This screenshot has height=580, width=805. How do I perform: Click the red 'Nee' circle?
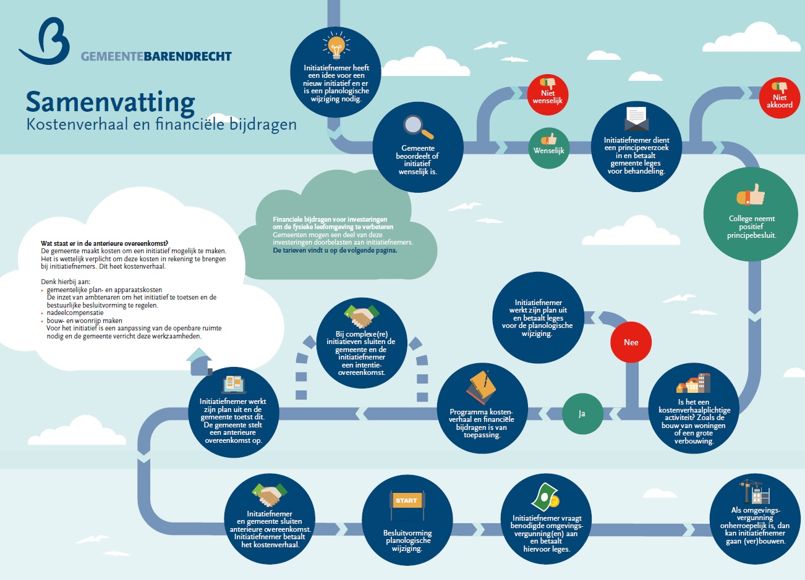pyautogui.click(x=631, y=342)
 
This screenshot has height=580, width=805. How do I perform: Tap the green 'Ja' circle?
pyautogui.click(x=582, y=414)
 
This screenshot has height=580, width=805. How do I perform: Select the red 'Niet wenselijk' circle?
pyautogui.click(x=548, y=95)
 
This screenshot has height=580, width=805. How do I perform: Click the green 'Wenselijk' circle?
pyautogui.click(x=549, y=148)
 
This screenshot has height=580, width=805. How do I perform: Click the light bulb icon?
pyautogui.click(x=336, y=46)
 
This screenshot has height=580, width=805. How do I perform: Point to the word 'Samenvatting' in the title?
pyautogui.click(x=111, y=102)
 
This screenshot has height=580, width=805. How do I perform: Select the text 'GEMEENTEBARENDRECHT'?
pyautogui.click(x=156, y=57)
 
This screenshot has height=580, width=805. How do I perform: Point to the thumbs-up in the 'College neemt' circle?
pyautogui.click(x=751, y=196)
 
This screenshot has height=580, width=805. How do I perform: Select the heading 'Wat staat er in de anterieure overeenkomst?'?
pyautogui.click(x=104, y=244)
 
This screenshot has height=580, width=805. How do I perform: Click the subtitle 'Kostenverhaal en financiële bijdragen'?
pyautogui.click(x=161, y=124)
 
